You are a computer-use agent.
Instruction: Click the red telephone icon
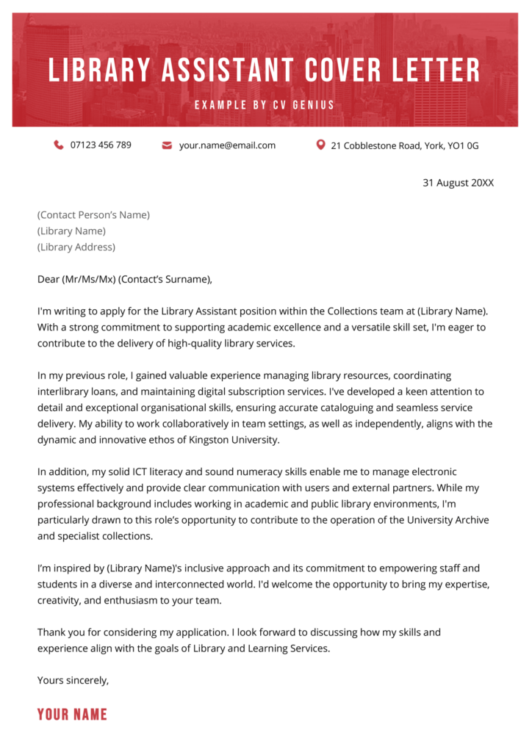(59, 145)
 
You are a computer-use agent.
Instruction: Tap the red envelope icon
(167, 145)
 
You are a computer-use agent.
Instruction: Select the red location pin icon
(320, 145)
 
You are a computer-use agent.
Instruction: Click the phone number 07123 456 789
(101, 145)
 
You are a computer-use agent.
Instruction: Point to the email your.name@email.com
(227, 145)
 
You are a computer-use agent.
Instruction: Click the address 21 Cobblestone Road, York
(404, 145)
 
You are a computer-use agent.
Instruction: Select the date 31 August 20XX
(458, 182)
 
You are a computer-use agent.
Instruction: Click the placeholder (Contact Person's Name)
(93, 215)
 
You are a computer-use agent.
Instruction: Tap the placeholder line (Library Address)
(76, 247)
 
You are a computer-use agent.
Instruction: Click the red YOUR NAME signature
(72, 715)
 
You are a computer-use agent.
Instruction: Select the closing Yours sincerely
(73, 680)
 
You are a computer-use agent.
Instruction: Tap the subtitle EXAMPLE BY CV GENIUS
(265, 105)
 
